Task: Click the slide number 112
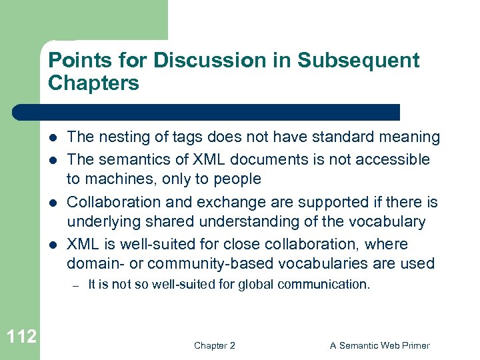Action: (21, 336)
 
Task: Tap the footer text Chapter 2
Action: (214, 345)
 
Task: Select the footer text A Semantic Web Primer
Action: (379, 345)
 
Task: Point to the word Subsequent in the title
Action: (359, 60)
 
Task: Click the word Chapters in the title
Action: (93, 83)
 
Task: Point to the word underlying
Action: (101, 222)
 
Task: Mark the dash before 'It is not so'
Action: (77, 285)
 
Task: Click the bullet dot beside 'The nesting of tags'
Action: (53, 138)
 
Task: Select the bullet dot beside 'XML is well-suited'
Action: (53, 244)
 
